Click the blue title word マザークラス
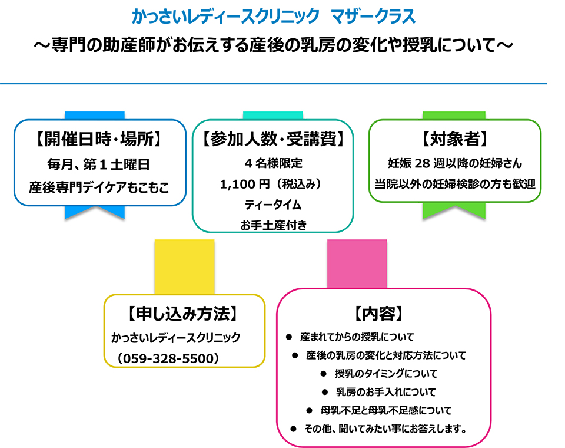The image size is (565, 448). tap(373, 17)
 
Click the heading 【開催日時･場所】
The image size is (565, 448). tap(99, 139)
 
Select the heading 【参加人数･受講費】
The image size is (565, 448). tap(273, 139)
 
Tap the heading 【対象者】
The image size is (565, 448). tap(455, 139)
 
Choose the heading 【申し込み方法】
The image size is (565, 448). tap(184, 314)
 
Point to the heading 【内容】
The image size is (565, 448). tap(378, 314)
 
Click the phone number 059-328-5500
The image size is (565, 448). tap(168, 358)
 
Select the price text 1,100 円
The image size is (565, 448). tap(245, 185)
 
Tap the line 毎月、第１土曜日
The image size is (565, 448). tap(98, 164)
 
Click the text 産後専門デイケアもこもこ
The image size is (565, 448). tap(99, 187)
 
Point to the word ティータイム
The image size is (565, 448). tap(273, 205)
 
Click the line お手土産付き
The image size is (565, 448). tap(274, 225)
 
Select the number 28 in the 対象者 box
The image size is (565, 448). tap(423, 163)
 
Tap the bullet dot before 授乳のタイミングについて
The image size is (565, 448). tap(323, 374)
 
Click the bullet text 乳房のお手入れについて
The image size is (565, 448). tap(386, 392)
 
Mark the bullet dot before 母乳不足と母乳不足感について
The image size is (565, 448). tap(309, 410)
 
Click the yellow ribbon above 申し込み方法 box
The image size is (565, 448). tap(184, 267)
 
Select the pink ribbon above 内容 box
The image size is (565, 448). tap(357, 264)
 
